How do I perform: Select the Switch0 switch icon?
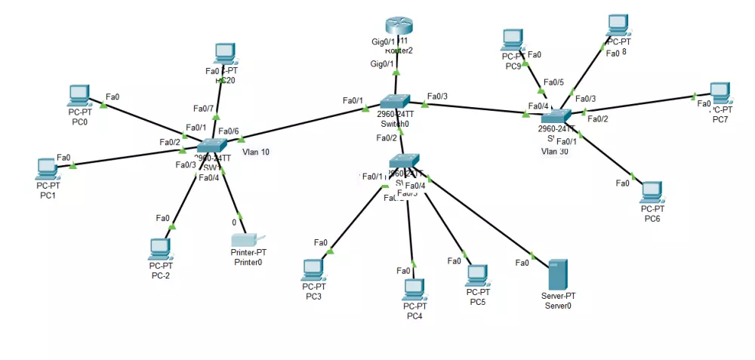(394, 101)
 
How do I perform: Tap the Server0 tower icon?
(557, 275)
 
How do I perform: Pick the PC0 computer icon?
(79, 95)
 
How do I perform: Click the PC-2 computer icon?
(160, 248)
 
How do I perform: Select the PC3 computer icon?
(313, 269)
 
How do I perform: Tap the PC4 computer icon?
(414, 288)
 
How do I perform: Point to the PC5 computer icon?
(477, 274)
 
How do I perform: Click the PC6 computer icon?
(652, 192)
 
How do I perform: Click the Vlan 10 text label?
(256, 152)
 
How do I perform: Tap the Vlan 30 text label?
(554, 151)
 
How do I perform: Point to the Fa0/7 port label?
(204, 109)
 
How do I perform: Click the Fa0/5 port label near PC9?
(553, 82)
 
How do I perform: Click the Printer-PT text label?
(248, 253)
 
